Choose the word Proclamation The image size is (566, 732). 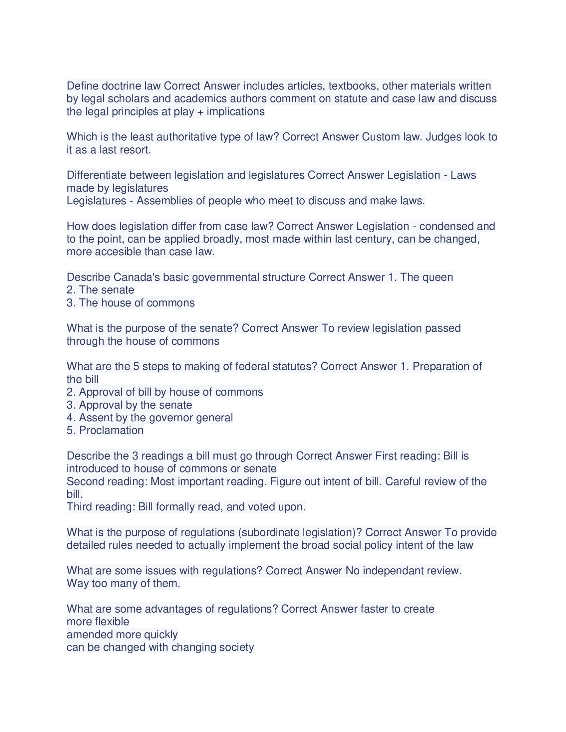pos(111,430)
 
